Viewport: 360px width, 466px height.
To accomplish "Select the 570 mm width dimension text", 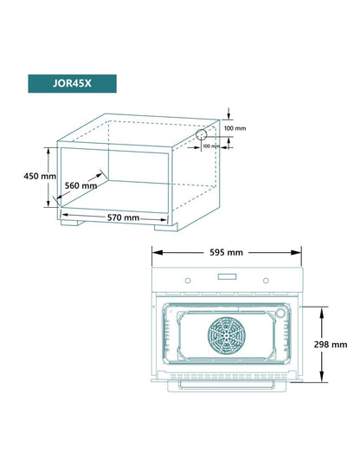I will click(119, 217).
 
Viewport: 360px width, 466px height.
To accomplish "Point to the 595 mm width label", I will click(226, 252).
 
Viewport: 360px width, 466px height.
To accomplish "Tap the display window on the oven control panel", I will click(228, 278).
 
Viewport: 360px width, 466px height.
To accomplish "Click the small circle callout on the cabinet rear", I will click(205, 135).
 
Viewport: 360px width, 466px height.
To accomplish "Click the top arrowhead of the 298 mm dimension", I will click(322, 307).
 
